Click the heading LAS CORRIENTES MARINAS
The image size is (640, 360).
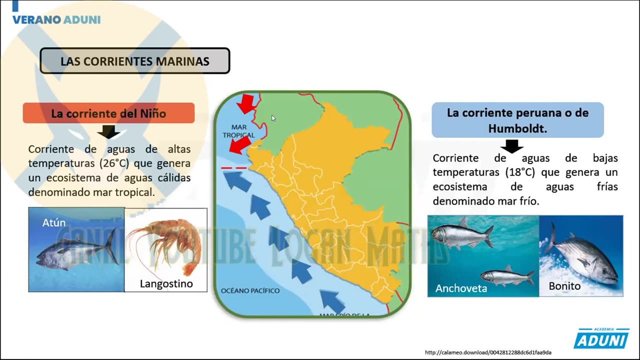click(134, 61)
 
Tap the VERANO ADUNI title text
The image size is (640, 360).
click(56, 20)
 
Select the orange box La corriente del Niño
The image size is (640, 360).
click(108, 113)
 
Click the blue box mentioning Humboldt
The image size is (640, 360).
click(517, 120)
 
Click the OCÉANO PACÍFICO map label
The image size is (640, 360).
click(250, 290)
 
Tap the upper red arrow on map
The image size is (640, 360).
click(246, 103)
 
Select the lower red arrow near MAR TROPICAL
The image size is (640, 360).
click(240, 145)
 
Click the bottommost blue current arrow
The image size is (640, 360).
click(332, 301)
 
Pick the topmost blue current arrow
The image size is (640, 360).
click(237, 181)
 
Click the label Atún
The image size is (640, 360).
click(54, 222)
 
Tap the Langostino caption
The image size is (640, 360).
click(166, 284)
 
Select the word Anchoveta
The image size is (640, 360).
click(461, 288)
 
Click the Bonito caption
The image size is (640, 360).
click(564, 286)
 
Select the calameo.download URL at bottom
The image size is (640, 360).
click(488, 352)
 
